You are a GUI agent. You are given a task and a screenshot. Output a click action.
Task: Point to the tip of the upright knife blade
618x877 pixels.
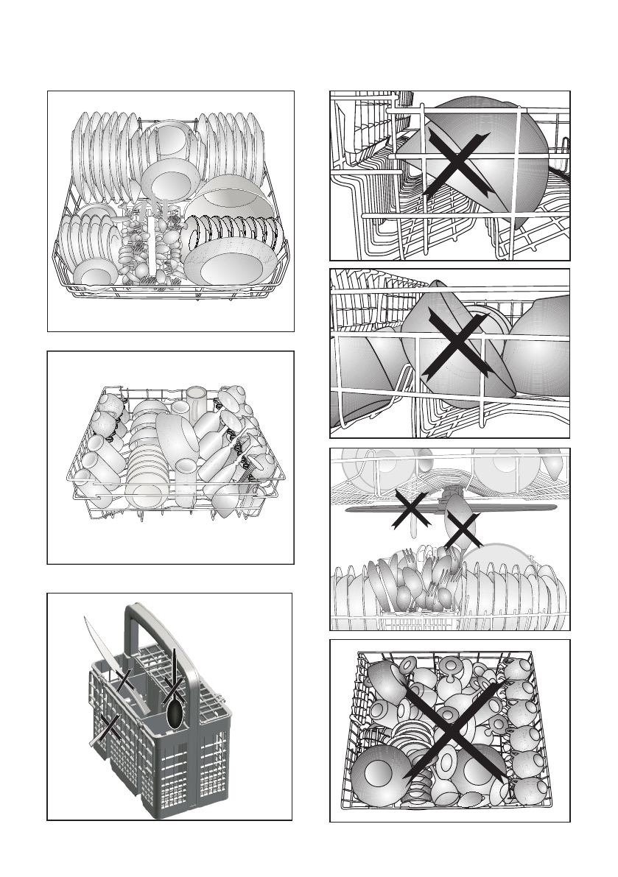pos(86,617)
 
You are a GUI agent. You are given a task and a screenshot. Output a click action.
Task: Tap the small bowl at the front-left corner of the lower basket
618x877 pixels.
pos(96,275)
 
